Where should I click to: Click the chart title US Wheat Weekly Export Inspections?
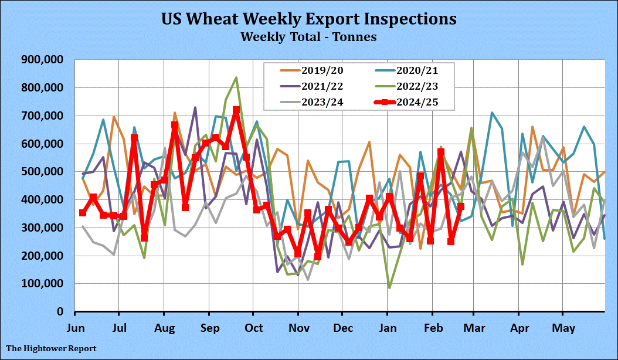(308, 18)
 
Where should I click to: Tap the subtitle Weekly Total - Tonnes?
(308, 36)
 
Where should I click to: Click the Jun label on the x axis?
(75, 327)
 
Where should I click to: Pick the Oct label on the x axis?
(254, 327)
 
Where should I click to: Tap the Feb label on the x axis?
(433, 327)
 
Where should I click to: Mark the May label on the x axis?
(563, 327)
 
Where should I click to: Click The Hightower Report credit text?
(52, 349)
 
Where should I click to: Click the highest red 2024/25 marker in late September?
(236, 110)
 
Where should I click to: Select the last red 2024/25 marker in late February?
(461, 206)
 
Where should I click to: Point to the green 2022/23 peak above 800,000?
(236, 77)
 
